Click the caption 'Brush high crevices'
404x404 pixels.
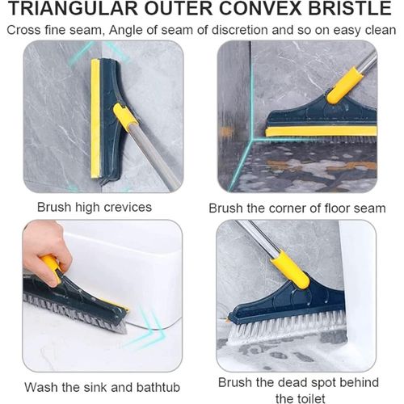95,207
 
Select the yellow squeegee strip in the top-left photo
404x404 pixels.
95,118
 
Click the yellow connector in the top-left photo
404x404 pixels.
125,117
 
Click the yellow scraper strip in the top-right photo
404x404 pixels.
320,130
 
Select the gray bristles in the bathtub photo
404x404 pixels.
73,310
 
